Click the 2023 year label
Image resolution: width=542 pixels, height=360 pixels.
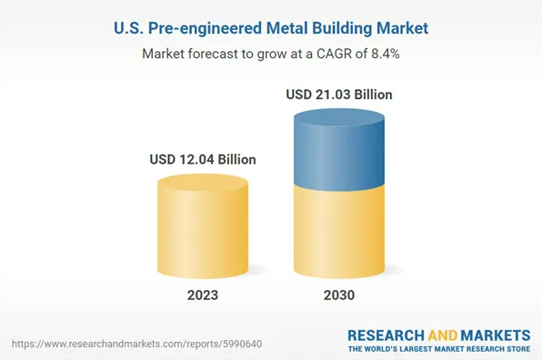203,295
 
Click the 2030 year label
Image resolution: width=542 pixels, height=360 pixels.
338,295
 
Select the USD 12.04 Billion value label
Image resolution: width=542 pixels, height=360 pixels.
203,159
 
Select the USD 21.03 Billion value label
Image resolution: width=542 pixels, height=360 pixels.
339,94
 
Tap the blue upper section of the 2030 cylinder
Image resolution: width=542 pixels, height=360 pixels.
338,150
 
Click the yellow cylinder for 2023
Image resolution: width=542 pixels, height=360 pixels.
203,232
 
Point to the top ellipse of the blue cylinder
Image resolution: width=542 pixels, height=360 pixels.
338,120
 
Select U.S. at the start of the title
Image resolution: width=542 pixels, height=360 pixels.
131,28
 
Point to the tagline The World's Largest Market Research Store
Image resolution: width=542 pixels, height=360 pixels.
439,348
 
